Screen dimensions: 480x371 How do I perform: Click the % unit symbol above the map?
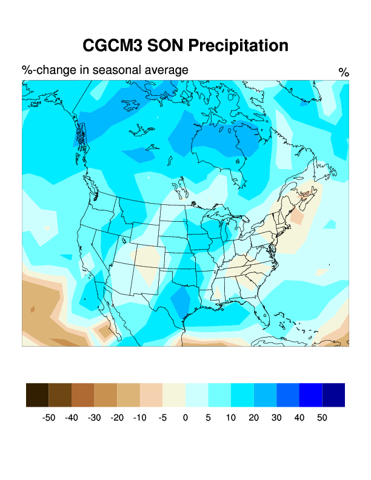[344, 73]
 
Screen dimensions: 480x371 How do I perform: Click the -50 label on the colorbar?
[49, 418]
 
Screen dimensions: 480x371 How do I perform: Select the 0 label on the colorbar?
[185, 418]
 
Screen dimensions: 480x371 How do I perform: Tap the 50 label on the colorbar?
[322, 418]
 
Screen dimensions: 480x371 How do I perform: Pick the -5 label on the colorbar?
[163, 418]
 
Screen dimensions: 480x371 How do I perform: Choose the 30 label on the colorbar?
[276, 418]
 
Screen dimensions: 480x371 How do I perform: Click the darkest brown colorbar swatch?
[38, 395]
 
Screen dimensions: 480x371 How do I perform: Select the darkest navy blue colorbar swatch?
[333, 395]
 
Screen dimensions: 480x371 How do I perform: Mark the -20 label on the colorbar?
[118, 418]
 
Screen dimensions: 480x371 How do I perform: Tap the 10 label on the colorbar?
[231, 418]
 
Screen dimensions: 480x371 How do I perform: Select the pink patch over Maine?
[297, 216]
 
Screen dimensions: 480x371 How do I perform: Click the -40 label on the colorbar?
[72, 418]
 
